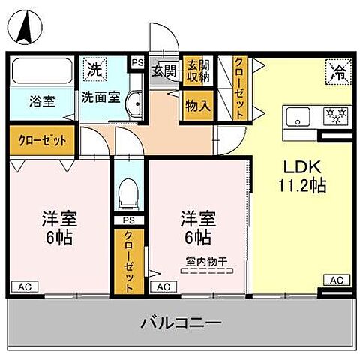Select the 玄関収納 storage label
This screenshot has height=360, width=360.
click(x=197, y=71)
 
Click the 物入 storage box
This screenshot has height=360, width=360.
click(x=197, y=106)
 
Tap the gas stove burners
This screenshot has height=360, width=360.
click(x=332, y=116)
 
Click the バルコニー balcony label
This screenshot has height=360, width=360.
click(x=180, y=324)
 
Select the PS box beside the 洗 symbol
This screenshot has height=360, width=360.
click(x=137, y=64)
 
